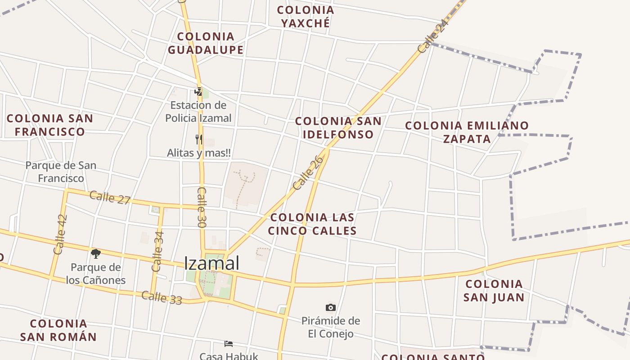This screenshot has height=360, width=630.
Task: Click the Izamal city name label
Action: (211, 263)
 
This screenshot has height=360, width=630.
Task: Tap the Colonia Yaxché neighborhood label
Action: (306, 17)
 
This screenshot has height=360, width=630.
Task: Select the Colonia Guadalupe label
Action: (206, 43)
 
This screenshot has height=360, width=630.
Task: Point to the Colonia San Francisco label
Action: (50, 125)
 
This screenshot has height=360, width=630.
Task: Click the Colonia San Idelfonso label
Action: (338, 128)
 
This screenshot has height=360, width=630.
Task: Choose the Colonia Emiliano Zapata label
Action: (467, 132)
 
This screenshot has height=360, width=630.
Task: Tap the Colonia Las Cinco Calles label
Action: (312, 224)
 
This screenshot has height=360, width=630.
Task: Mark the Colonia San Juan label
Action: (494, 291)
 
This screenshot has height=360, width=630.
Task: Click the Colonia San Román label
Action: (58, 330)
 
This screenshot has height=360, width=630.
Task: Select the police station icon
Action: (198, 92)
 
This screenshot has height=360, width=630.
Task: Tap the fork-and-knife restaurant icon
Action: (198, 139)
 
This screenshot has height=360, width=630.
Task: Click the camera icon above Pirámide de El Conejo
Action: (331, 308)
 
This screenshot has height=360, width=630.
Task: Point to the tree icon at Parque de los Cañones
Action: (95, 254)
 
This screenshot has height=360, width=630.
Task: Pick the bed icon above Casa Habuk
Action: (229, 344)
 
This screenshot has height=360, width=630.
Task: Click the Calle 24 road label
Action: (433, 36)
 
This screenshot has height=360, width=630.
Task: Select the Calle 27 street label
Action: (110, 197)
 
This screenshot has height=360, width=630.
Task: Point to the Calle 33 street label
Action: (162, 297)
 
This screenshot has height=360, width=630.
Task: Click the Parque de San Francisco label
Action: (61, 172)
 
